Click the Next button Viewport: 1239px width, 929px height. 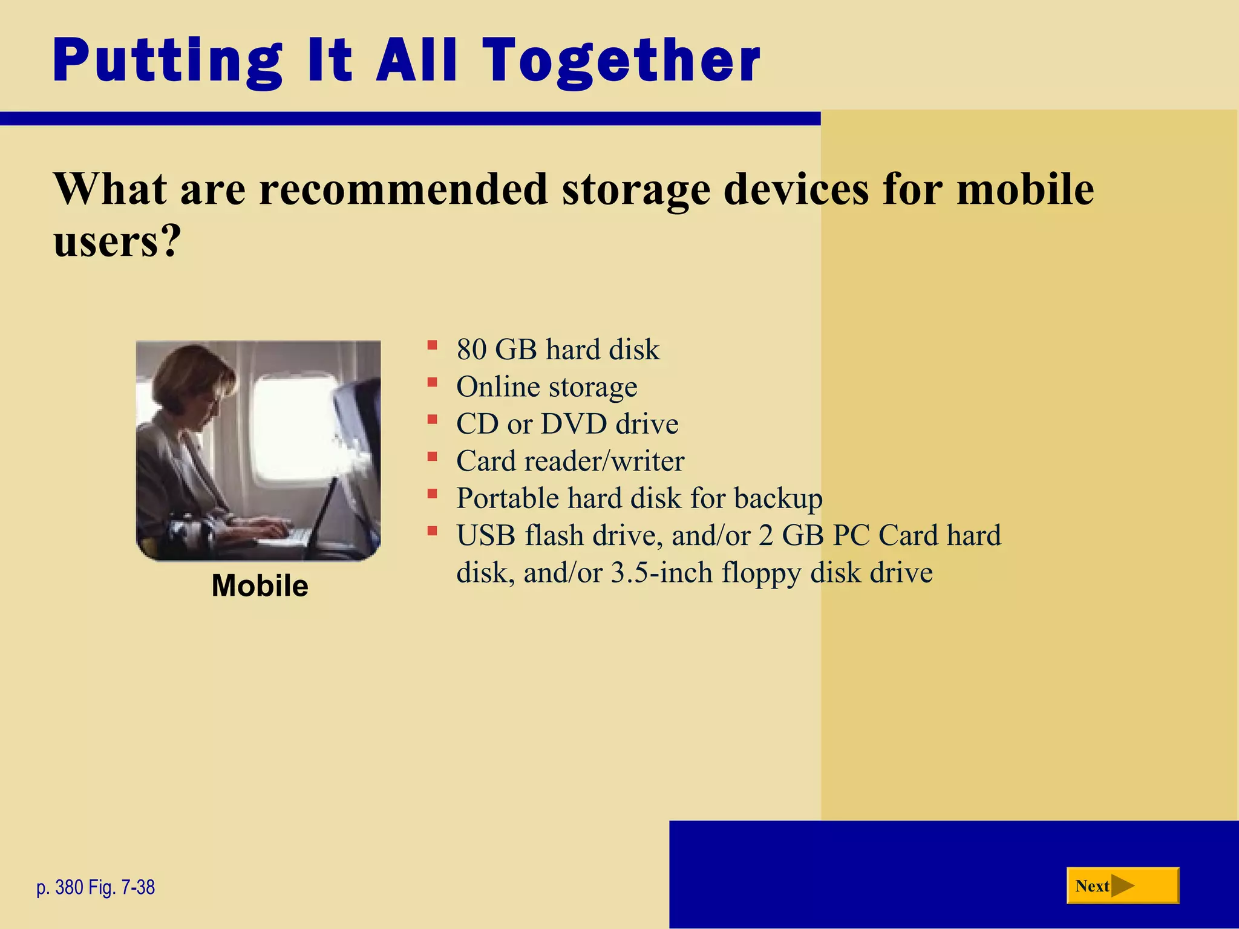tap(1122, 885)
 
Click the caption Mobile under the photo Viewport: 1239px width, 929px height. tap(260, 585)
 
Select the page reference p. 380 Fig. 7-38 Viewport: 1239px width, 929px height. tap(96, 887)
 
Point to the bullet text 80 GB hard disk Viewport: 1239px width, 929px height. tap(558, 350)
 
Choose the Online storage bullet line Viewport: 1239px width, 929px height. tap(546, 387)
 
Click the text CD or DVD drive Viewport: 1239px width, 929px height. tap(567, 424)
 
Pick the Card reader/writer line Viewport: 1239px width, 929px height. tap(570, 461)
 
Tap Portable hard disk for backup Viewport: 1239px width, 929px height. tap(639, 498)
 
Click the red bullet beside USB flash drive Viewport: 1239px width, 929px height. tap(432, 532)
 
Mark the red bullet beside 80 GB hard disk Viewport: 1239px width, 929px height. tap(432, 345)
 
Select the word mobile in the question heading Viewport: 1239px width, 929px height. tap(1025, 189)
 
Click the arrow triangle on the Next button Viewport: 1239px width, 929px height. tap(1122, 886)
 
